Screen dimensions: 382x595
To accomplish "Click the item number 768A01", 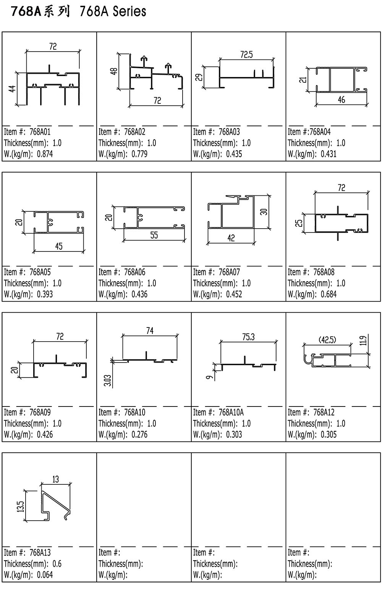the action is point(40,132).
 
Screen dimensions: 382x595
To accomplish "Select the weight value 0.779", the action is point(139,154).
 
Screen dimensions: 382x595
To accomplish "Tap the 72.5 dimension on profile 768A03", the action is point(246,55).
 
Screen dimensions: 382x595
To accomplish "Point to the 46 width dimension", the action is point(342,100).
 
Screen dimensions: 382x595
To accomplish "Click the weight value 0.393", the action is point(45,294).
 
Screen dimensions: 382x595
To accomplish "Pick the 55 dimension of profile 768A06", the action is point(154,235).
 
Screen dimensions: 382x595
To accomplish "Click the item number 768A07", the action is point(229,272).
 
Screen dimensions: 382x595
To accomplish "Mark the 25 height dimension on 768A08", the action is point(299,223).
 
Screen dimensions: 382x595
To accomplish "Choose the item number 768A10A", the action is point(231,412).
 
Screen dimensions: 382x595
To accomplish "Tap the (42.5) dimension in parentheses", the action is point(327,340).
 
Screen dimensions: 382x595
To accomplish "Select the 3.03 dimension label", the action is point(107,381).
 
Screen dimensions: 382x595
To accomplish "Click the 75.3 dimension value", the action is point(248,337).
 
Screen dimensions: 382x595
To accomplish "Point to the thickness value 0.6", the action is point(57,564).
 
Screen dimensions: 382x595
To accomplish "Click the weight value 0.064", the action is point(45,575).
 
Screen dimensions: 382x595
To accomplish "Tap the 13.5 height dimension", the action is point(22,506).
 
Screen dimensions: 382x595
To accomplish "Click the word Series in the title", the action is point(129,11).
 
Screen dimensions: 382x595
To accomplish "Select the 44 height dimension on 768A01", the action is point(12,89).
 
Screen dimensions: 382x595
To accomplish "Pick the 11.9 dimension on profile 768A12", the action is point(364,340).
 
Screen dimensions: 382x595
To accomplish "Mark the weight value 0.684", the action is point(329,294).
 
